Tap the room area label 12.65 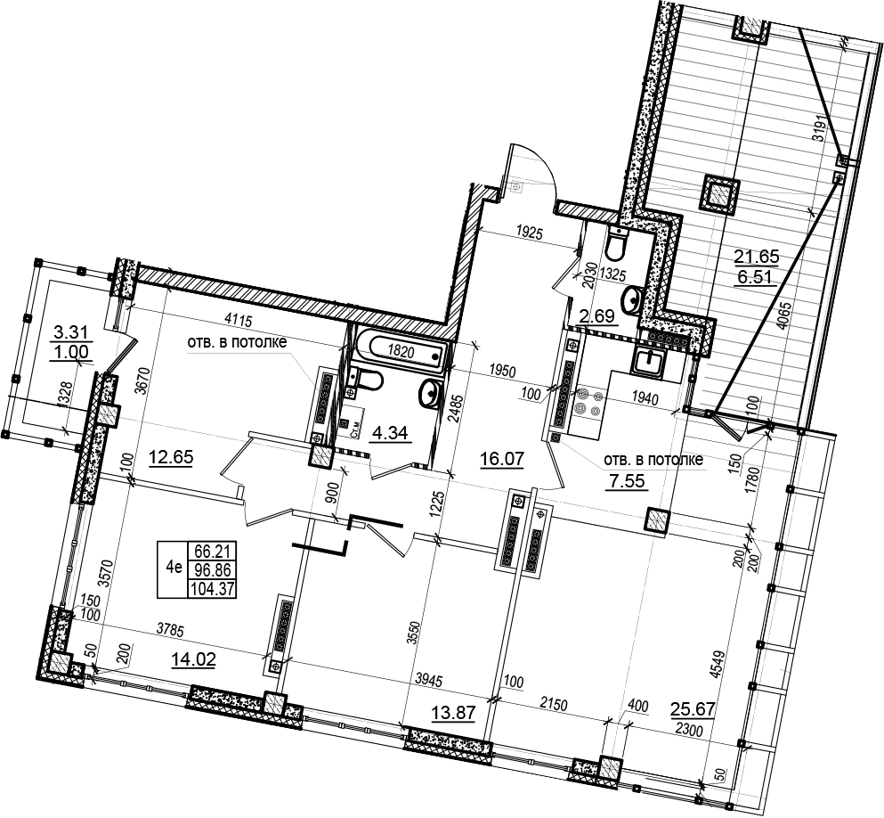171,457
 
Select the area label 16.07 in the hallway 502,459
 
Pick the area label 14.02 193,658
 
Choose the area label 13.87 453,713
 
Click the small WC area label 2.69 596,315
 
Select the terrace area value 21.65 756,257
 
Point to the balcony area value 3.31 70,332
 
